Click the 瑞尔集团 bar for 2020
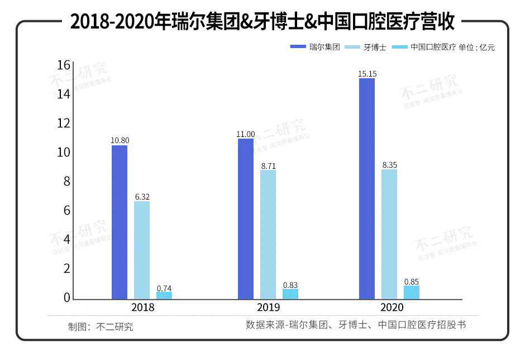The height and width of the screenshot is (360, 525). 367,188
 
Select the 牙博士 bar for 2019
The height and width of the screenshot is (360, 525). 268,234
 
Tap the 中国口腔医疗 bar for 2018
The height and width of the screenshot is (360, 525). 164,295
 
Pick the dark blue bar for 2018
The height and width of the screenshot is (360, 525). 120,222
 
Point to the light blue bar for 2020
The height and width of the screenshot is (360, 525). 389,234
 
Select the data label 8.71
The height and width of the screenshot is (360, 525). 268,166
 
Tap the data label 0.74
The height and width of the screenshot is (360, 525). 164,288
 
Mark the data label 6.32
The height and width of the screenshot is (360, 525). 142,197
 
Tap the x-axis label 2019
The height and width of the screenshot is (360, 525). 269,307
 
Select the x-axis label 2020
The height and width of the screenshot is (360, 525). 390,307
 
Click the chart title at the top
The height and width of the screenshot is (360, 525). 262,22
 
